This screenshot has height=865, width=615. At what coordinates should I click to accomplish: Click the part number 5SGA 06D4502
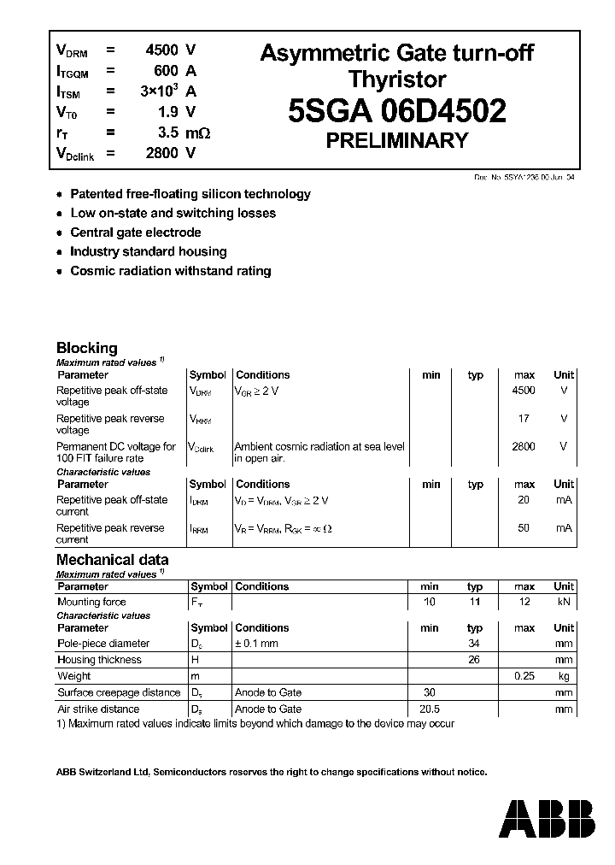click(x=396, y=112)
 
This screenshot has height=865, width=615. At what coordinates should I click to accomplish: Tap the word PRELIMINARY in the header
click(x=396, y=141)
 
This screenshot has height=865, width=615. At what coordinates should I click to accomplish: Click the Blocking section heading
click(x=86, y=348)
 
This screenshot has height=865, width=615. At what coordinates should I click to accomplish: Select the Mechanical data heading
click(x=112, y=560)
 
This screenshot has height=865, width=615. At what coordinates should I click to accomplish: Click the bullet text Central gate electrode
click(x=135, y=232)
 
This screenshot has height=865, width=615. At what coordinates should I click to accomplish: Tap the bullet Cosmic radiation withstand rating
click(x=170, y=271)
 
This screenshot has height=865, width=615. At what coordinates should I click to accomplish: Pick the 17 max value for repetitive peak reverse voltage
click(x=524, y=419)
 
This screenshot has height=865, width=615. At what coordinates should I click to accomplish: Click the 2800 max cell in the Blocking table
click(x=524, y=446)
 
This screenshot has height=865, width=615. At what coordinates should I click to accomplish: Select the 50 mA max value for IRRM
click(x=524, y=528)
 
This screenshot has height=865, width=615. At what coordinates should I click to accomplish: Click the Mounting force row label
click(x=91, y=602)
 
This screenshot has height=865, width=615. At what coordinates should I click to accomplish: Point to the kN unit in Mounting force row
click(x=564, y=602)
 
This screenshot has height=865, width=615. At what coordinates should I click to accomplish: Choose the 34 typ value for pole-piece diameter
click(x=475, y=643)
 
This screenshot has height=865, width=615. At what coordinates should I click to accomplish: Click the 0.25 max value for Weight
click(x=524, y=676)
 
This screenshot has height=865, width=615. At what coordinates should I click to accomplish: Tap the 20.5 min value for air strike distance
click(x=430, y=709)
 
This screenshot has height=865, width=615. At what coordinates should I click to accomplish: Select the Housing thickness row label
click(x=99, y=660)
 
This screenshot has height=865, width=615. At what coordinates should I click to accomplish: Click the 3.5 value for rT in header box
click(x=167, y=132)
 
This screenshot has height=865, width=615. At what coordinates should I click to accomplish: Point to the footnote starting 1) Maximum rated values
click(x=255, y=724)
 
